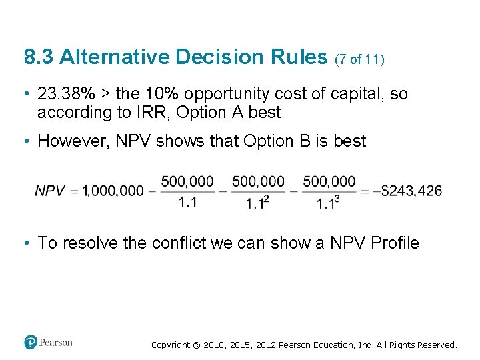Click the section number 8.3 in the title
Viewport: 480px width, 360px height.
(37, 57)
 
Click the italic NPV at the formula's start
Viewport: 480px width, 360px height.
(50, 191)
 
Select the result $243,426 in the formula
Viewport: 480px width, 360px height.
(411, 191)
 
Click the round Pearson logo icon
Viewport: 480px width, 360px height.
(31, 343)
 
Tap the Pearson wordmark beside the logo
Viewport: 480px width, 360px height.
(55, 343)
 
